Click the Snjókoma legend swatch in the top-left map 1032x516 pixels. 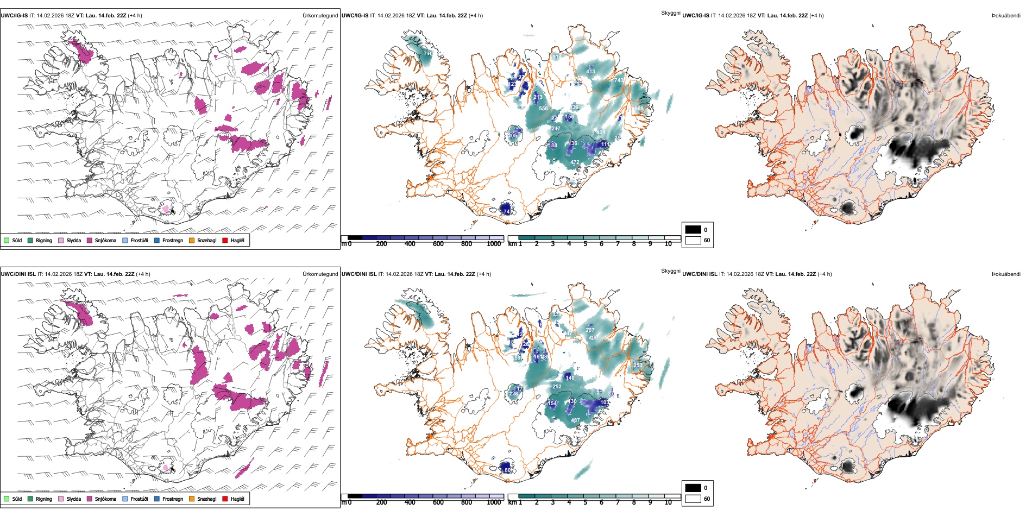pyautogui.click(x=90, y=240)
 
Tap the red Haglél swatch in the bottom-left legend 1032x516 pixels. pyautogui.click(x=225, y=499)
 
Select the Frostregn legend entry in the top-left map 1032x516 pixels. pyautogui.click(x=157, y=240)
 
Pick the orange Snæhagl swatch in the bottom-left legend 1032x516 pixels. pyautogui.click(x=192, y=499)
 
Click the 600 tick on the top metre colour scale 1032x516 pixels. pyautogui.click(x=438, y=244)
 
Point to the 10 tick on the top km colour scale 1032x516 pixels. pyautogui.click(x=668, y=244)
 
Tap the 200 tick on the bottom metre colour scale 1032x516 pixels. pyautogui.click(x=382, y=502)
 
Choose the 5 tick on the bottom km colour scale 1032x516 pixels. pyautogui.click(x=586, y=502)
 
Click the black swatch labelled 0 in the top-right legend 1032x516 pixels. pyautogui.click(x=693, y=230)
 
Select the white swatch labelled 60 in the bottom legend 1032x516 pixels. pyautogui.click(x=693, y=499)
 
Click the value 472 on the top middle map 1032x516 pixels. pyautogui.click(x=575, y=162)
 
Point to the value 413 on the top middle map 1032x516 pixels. pyautogui.click(x=590, y=72)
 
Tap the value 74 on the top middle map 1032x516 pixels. pyautogui.click(x=507, y=211)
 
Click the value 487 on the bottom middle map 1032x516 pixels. pyautogui.click(x=575, y=420)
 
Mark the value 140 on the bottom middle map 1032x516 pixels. pyautogui.click(x=570, y=377)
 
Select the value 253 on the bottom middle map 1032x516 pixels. pyautogui.click(x=638, y=366)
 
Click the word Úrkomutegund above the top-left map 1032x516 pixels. pyautogui.click(x=320, y=16)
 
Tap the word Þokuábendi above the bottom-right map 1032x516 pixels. pyautogui.click(x=1006, y=274)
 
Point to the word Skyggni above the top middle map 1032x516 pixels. pyautogui.click(x=670, y=12)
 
